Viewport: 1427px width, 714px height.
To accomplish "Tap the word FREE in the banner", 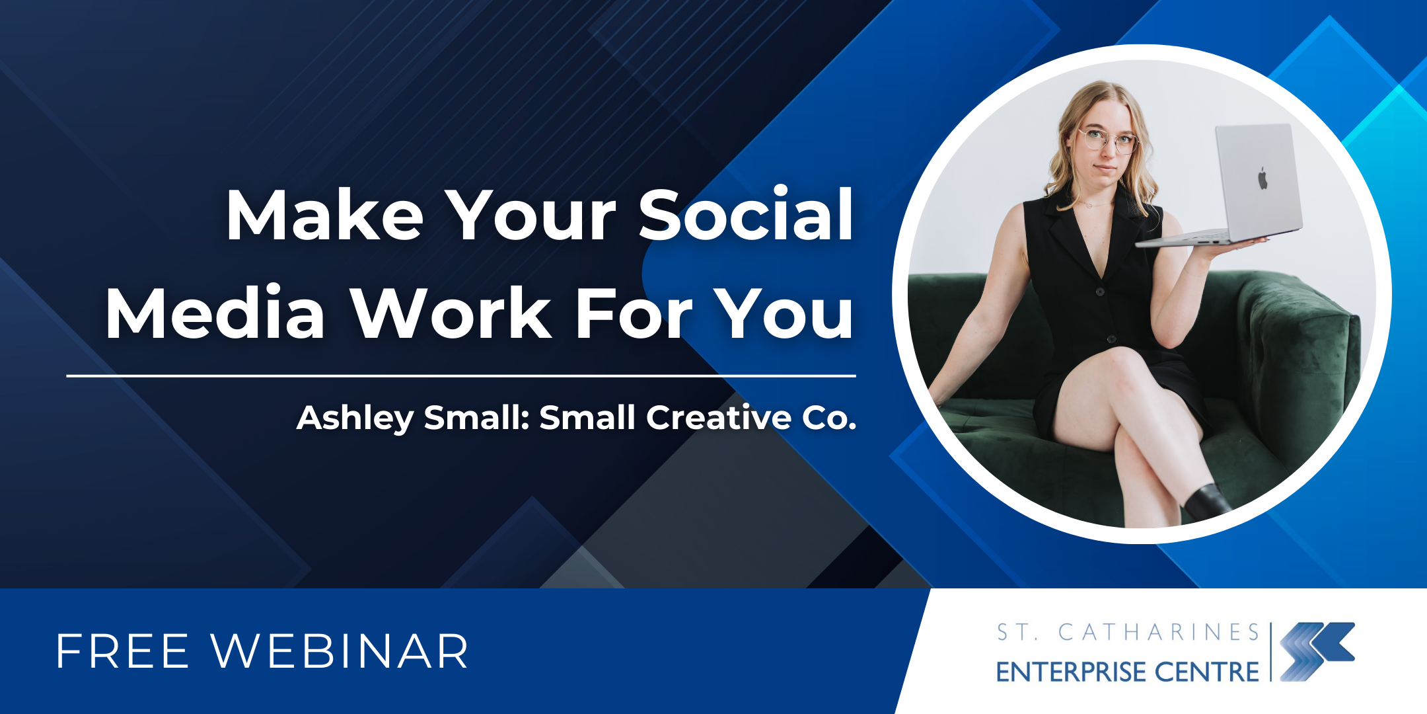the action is (x=123, y=652).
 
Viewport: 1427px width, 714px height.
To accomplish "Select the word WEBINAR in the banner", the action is (x=340, y=652).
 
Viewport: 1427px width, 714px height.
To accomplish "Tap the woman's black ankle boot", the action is (x=1207, y=502).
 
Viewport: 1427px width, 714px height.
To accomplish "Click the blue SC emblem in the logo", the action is (x=1317, y=651).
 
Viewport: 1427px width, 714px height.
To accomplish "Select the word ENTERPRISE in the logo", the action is (x=1071, y=672).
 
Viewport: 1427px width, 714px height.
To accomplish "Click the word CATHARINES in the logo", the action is (x=1159, y=632).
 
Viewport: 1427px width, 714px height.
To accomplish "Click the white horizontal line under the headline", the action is (x=461, y=376).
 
